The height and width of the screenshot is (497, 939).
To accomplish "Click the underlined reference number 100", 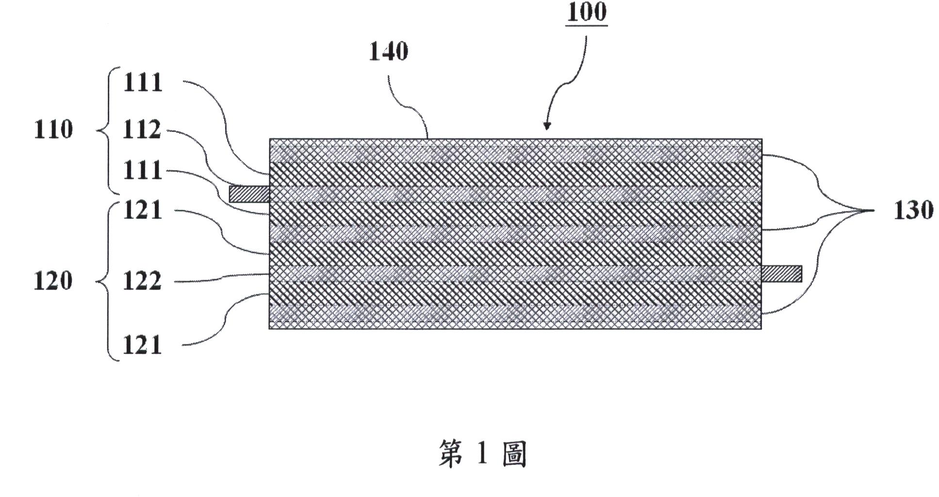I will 587,12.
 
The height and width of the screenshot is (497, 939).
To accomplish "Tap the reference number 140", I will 388,51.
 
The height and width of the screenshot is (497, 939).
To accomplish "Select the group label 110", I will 53,130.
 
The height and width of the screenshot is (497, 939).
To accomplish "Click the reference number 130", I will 913,210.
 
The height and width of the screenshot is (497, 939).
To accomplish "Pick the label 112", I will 142,130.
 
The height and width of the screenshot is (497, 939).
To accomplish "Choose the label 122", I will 142,281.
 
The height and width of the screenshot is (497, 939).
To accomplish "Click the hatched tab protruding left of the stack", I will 249,194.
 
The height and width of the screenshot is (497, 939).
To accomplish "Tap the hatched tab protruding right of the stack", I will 781,274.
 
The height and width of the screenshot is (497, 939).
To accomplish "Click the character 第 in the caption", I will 451,454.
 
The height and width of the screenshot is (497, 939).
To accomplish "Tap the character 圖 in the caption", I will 514,454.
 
